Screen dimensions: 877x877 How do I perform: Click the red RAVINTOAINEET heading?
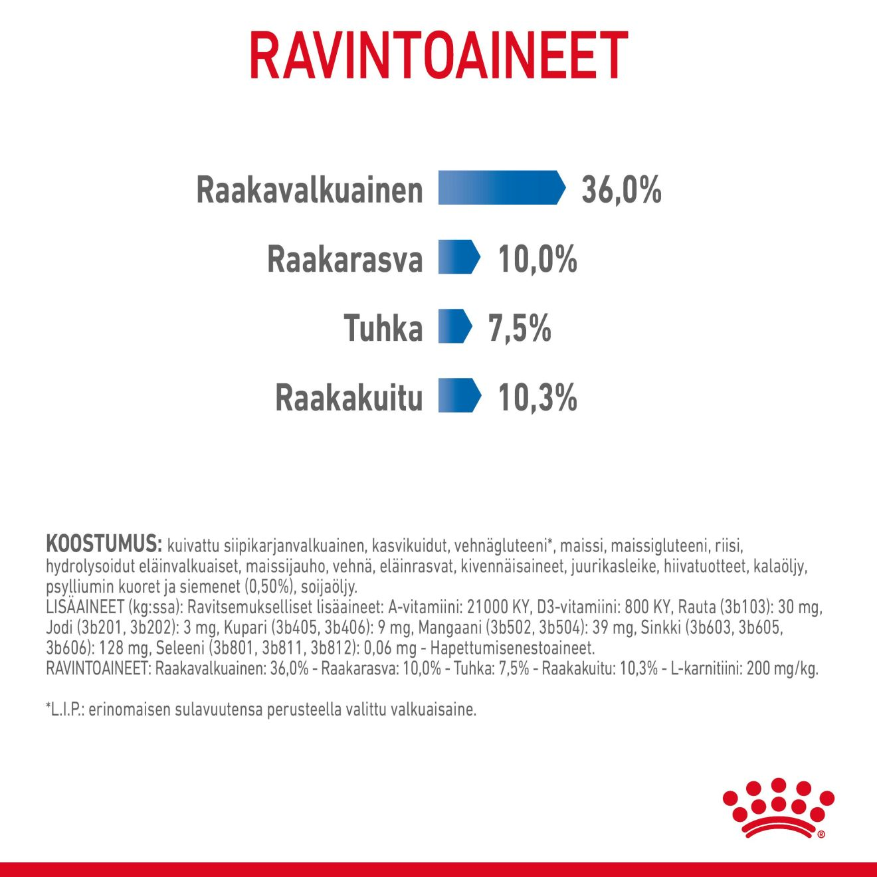(438, 56)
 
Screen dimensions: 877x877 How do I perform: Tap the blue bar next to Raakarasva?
(458, 257)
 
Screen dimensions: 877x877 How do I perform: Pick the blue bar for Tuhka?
(454, 326)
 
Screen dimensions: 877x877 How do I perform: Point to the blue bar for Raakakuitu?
(459, 395)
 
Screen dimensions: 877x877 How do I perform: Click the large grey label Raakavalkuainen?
(310, 190)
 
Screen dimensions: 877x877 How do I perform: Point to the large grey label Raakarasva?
(345, 259)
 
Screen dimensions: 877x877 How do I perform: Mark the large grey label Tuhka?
(383, 328)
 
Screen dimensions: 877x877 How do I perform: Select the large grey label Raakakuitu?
(349, 397)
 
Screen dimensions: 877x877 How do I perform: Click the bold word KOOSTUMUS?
(104, 544)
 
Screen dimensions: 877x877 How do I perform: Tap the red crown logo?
(778, 808)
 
